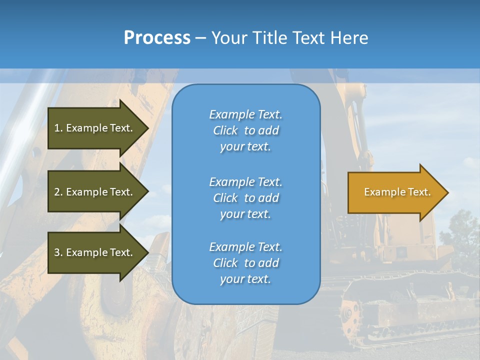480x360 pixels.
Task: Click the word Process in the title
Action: [157, 38]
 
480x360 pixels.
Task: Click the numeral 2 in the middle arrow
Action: [57, 192]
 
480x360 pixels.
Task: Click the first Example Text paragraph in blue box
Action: [245, 130]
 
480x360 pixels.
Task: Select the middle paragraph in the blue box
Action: [245, 198]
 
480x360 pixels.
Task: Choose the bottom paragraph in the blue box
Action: [245, 263]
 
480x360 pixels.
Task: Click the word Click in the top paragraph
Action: [225, 130]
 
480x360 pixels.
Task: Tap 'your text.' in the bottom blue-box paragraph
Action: [245, 279]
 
